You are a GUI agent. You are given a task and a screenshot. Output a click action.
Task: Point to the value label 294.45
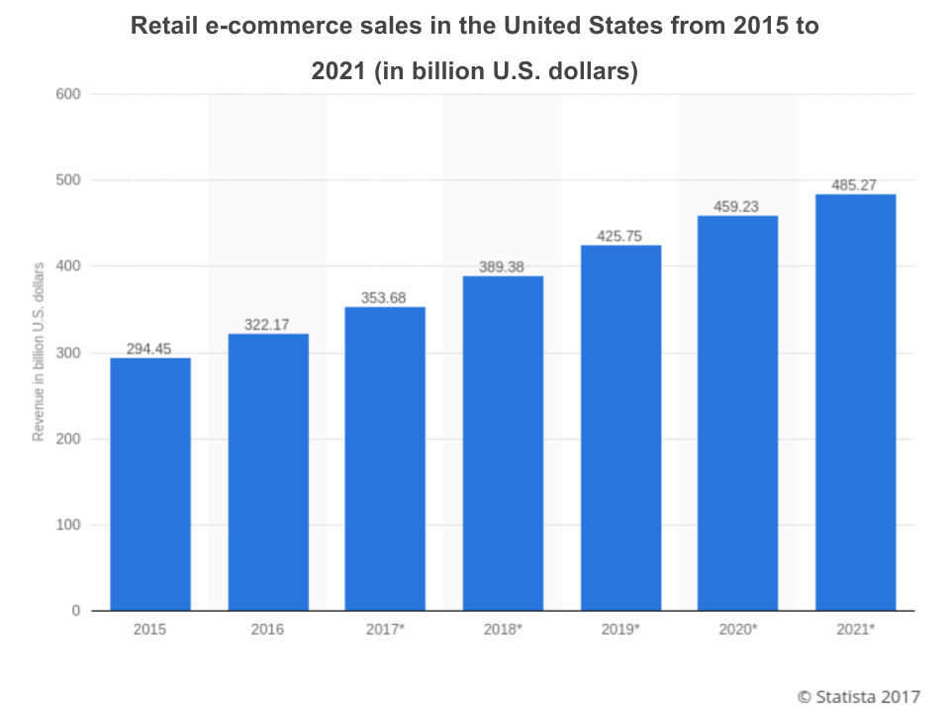150,349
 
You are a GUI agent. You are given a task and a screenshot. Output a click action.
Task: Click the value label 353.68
385,298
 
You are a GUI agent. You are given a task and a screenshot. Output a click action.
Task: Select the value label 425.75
620,237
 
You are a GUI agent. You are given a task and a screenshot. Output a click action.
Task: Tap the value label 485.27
855,185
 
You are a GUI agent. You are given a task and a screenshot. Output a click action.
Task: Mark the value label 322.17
268,325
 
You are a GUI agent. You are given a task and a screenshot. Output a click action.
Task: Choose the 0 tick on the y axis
76,611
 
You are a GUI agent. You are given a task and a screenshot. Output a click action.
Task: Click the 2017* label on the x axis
385,630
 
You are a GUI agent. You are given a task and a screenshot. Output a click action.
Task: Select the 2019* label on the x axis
620,630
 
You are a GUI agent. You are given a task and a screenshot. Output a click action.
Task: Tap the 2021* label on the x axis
855,630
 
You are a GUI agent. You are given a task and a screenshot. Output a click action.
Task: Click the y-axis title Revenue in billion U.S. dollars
39,352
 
